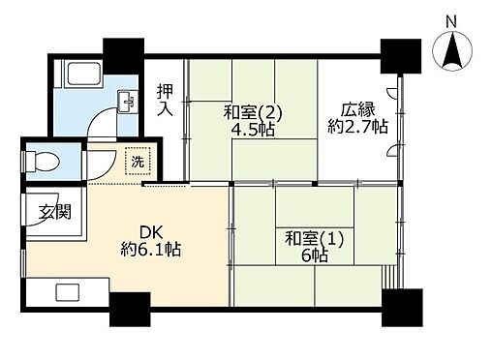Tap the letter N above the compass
coord(451,19)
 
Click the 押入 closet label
coord(167,99)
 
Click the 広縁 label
coord(355,108)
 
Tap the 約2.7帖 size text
coord(357,126)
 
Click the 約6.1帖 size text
coord(149,250)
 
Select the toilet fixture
coord(43,160)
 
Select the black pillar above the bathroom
coord(123,50)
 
